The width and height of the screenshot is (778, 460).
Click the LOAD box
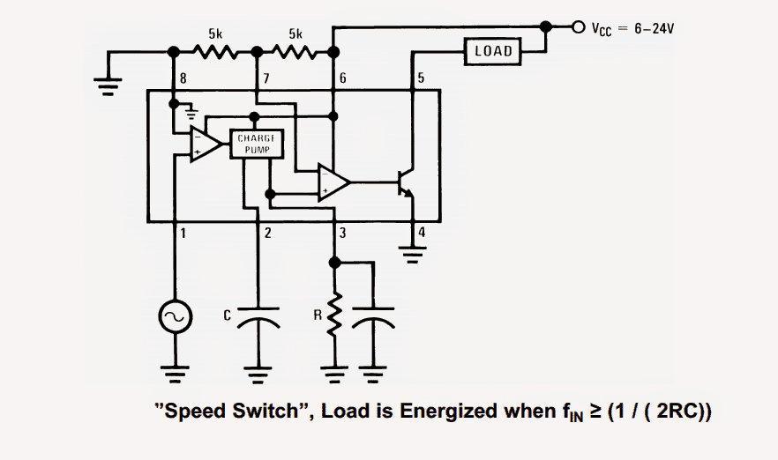493,51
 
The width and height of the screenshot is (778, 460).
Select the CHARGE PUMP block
257,145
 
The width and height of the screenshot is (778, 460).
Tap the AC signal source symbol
174,316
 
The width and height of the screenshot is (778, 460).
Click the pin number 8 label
183,79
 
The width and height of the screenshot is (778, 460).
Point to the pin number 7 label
265,79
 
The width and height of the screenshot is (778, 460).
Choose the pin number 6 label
342,79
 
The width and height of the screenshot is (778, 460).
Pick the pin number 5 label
421,79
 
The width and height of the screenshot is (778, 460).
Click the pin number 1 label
183,234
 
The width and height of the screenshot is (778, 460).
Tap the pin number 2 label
266,234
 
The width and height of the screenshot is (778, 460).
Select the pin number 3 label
343,234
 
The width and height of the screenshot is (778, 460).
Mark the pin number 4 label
421,234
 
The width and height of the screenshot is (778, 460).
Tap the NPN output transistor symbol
408,183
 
